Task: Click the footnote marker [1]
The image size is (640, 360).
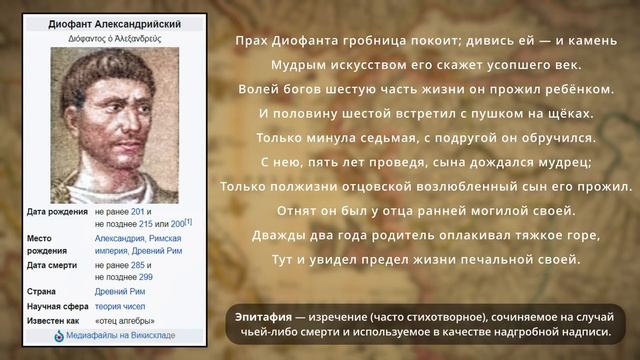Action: click(x=189, y=222)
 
